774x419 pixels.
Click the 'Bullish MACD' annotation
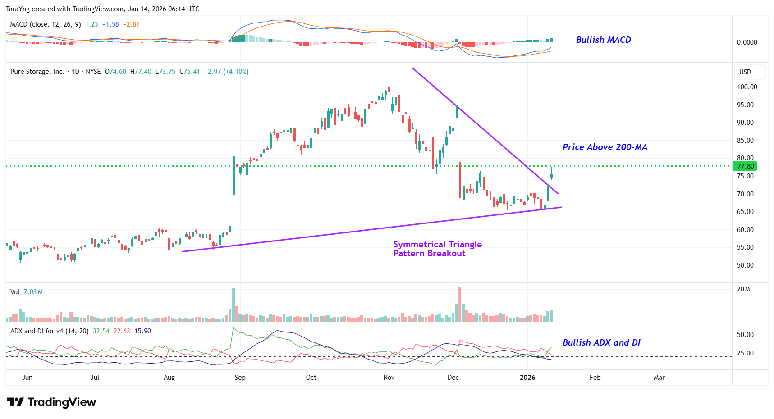point(603,40)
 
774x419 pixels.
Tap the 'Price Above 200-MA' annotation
point(605,147)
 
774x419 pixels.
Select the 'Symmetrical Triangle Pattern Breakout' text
point(437,249)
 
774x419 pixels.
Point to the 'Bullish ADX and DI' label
point(601,343)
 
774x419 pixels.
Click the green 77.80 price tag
point(745,166)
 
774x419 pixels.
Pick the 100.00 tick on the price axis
point(747,87)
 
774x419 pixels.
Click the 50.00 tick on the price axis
point(745,265)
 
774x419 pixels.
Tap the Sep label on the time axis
point(240,378)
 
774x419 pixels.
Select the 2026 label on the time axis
point(527,378)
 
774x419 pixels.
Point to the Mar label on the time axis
point(659,378)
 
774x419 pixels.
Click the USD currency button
point(745,72)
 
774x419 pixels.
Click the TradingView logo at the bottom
point(52,402)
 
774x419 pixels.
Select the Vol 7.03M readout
point(27,292)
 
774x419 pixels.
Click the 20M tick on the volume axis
point(743,289)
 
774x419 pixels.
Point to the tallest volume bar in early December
point(460,304)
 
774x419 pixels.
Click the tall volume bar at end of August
point(233,305)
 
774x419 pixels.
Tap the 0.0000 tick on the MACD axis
point(747,42)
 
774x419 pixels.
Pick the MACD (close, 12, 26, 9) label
point(46,24)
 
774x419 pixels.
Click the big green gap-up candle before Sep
point(234,176)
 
